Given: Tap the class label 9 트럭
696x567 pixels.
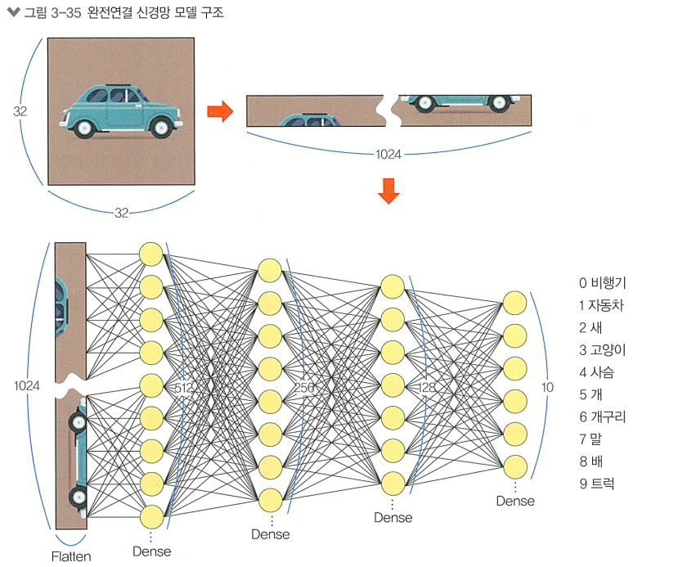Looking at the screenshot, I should (x=596, y=484).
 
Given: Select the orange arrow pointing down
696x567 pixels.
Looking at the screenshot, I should (x=388, y=190).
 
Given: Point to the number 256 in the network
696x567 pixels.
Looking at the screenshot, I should (x=306, y=388).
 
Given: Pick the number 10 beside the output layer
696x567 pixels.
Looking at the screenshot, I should (x=547, y=386).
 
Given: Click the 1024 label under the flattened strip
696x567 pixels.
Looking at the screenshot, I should (x=388, y=154).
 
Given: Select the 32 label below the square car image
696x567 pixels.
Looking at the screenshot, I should (x=121, y=213).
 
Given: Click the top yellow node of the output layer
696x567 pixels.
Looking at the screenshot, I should (x=514, y=303).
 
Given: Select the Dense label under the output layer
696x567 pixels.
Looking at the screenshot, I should (x=514, y=501).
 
